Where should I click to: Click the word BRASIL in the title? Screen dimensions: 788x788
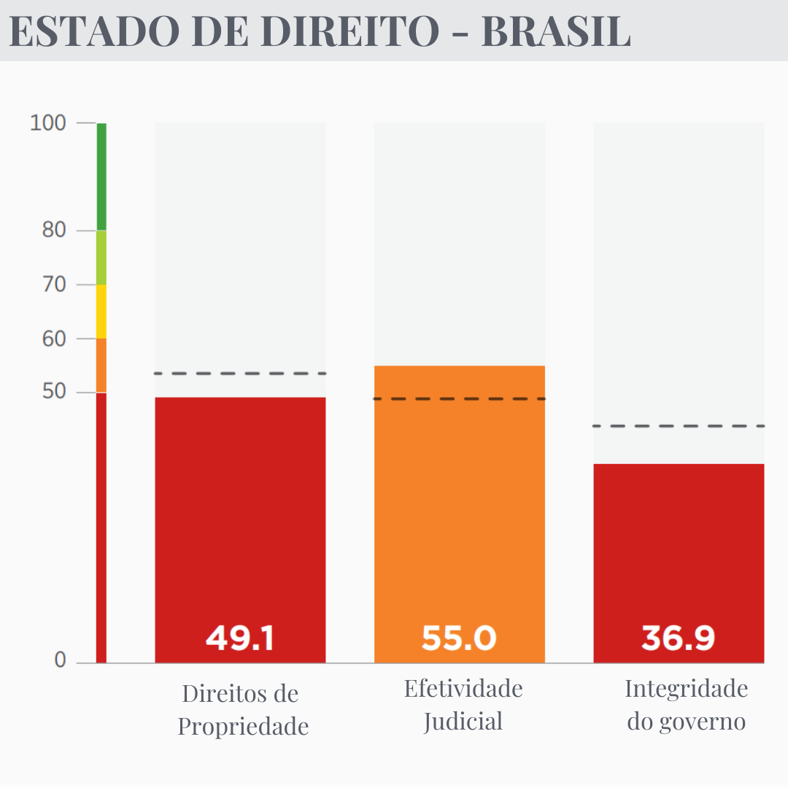(x=555, y=31)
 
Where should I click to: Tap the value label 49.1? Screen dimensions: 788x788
(x=240, y=638)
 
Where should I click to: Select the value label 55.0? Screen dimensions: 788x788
(x=459, y=638)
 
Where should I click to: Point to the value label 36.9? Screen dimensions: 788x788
(x=678, y=638)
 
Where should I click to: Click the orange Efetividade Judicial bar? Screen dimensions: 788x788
(x=460, y=511)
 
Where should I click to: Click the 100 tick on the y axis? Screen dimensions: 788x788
(x=48, y=123)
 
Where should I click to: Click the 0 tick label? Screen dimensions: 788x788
(x=60, y=660)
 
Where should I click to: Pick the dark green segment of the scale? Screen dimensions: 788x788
(x=101, y=177)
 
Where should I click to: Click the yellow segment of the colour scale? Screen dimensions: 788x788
(x=101, y=312)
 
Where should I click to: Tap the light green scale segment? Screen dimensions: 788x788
(x=101, y=258)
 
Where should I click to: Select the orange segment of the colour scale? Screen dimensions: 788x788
(x=101, y=366)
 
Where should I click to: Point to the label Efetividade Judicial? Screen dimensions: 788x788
(x=463, y=705)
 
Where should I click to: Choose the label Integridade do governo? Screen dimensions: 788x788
(x=687, y=705)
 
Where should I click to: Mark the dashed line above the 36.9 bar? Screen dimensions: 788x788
(x=679, y=425)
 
